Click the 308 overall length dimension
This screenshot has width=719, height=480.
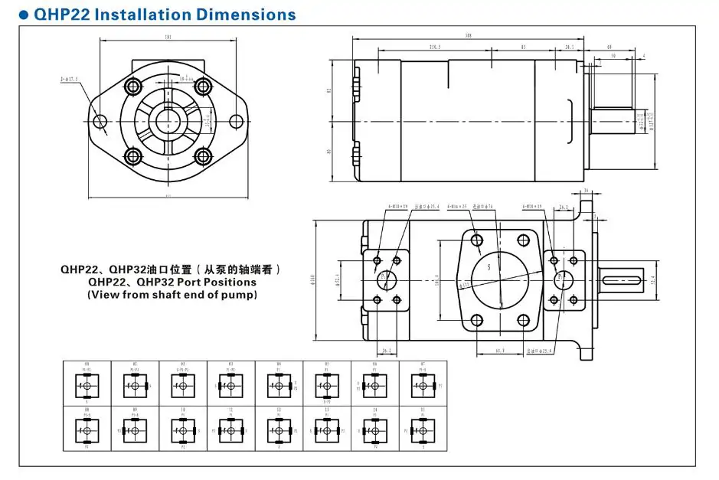point(467,34)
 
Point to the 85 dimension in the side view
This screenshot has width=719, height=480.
point(523,47)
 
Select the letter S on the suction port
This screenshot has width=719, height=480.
point(486,267)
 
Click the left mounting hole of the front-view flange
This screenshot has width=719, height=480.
point(100,121)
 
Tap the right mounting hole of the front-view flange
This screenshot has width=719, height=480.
point(237,121)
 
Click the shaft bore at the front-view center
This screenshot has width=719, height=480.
point(168,121)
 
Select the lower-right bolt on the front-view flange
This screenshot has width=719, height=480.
point(202,157)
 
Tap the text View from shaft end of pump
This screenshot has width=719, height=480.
point(172,294)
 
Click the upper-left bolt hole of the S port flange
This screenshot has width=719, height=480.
point(477,240)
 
